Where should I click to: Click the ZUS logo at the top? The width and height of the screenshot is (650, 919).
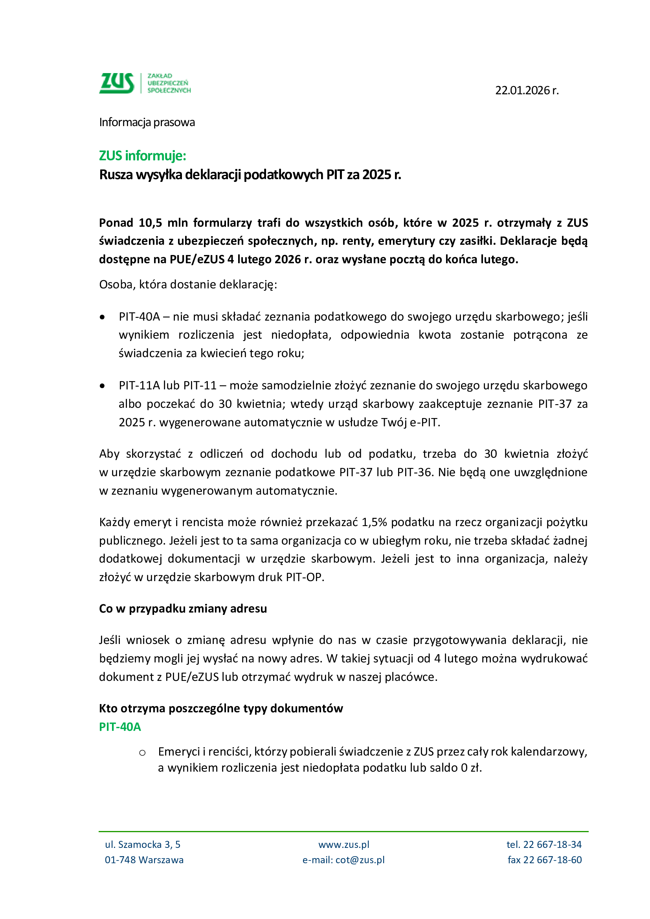click(145, 83)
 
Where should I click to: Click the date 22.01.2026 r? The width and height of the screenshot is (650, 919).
click(527, 90)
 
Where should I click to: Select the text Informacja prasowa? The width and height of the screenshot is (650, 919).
click(147, 122)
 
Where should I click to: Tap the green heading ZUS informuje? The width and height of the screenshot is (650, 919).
click(143, 156)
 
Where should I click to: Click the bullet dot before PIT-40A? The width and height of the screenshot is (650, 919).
click(103, 317)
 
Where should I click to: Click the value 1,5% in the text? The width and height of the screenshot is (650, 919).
click(375, 522)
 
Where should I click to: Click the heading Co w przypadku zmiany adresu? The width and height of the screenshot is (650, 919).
click(183, 609)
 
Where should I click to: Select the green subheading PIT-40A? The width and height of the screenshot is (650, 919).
click(120, 727)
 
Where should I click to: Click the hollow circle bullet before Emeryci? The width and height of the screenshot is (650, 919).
click(142, 753)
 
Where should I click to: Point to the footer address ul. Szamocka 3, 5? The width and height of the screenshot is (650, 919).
click(143, 845)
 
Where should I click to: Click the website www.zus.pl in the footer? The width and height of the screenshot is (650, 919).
click(344, 845)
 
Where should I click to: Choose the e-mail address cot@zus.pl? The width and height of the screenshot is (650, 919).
click(360, 860)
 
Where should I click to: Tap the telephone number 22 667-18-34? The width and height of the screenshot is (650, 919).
click(552, 845)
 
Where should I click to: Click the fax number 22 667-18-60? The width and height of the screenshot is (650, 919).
click(552, 860)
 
